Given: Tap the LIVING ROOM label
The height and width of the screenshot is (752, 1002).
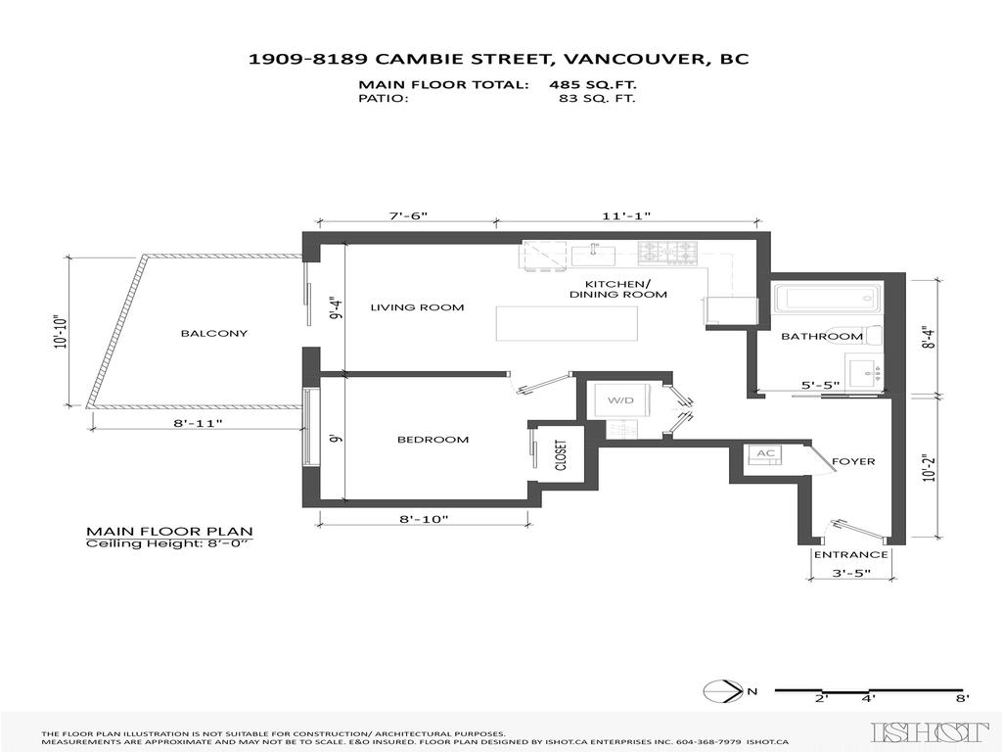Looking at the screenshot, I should tap(417, 307).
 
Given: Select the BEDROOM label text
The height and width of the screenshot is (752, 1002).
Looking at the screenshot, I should tap(433, 440).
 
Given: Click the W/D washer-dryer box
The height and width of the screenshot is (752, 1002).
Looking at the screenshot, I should tap(620, 401).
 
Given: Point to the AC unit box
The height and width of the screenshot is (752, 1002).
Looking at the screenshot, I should tap(764, 453).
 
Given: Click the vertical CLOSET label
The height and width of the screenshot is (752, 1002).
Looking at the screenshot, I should tap(561, 456).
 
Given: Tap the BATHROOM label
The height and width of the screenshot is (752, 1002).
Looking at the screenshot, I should tap(821, 336).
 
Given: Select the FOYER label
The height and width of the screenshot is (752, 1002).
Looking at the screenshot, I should tap(853, 461).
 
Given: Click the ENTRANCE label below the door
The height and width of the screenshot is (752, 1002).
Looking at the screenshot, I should tap(850, 554).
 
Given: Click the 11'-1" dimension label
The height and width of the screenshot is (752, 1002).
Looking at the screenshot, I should tap(629, 215).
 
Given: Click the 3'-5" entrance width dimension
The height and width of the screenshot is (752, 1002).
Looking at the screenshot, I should tap(850, 573).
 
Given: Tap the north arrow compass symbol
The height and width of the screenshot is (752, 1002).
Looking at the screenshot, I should tap(721, 691).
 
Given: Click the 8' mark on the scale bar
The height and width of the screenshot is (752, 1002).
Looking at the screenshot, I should tap(962, 698).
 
